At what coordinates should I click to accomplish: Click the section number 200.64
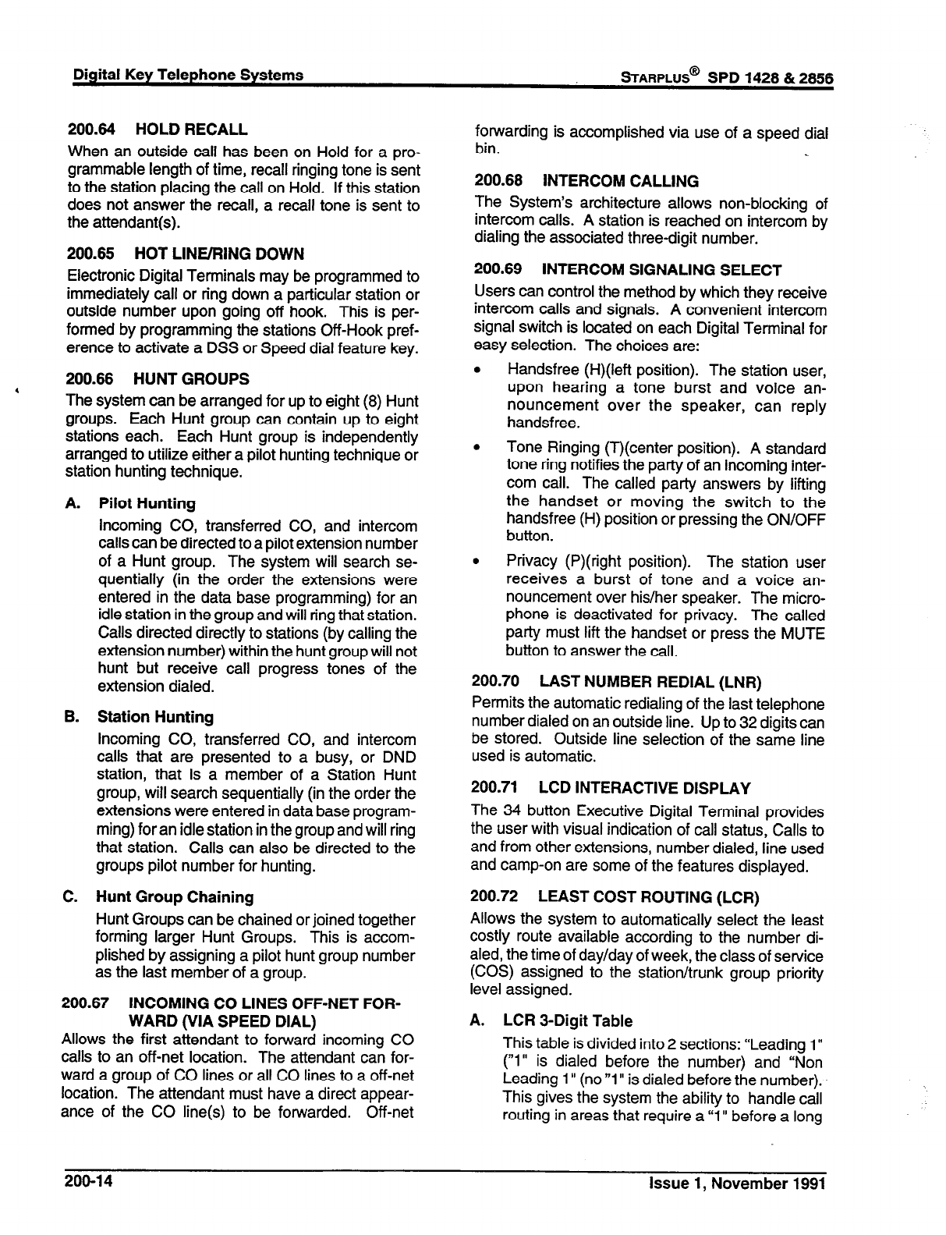coord(90,130)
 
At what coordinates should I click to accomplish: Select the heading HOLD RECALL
coord(191,130)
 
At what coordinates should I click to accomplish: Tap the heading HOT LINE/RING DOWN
coord(219,254)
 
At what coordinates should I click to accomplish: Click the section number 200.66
coord(90,379)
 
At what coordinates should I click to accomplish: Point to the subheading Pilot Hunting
coord(147,504)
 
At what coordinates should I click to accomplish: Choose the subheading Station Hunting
coord(155,717)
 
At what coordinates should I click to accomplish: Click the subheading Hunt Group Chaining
coord(175,898)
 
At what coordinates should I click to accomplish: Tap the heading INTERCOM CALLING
coord(621,182)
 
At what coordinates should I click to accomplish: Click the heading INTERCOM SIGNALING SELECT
coord(661,271)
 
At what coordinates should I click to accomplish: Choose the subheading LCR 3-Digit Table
coord(568,1021)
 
